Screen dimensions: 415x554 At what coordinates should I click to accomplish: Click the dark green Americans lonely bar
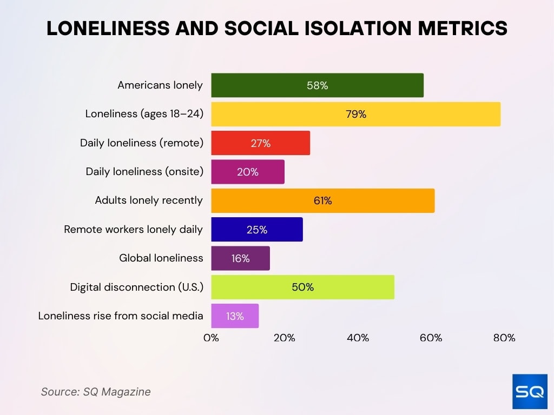tap(317, 85)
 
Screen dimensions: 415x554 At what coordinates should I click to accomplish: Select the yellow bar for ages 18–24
tap(355, 114)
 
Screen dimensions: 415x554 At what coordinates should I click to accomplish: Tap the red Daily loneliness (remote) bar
tap(260, 143)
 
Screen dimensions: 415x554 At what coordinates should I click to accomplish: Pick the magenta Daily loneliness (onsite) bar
tap(247, 172)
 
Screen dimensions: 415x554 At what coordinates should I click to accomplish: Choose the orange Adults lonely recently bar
tap(322, 200)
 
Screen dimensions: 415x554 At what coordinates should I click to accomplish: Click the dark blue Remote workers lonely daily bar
tap(256, 230)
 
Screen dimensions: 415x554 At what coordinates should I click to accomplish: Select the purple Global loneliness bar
tap(240, 258)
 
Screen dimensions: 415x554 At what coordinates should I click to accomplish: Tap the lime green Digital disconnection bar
tap(302, 287)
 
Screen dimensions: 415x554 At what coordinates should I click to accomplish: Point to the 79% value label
tap(355, 114)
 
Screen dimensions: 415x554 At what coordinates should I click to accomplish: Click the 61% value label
tap(322, 200)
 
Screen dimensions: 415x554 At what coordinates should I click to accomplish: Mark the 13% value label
tap(235, 316)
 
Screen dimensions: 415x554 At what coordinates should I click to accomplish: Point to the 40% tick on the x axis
tap(358, 338)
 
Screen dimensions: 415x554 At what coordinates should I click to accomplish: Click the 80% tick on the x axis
tap(504, 338)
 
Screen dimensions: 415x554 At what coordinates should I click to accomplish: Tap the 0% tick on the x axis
tap(211, 338)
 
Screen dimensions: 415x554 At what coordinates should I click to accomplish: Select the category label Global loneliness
tap(161, 258)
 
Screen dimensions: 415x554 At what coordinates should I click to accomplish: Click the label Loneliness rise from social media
tap(121, 316)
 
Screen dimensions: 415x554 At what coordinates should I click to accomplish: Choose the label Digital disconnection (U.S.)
tap(136, 287)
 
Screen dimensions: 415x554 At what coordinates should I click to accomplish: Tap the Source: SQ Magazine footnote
tap(96, 392)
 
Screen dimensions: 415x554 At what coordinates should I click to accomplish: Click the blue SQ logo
tap(530, 392)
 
